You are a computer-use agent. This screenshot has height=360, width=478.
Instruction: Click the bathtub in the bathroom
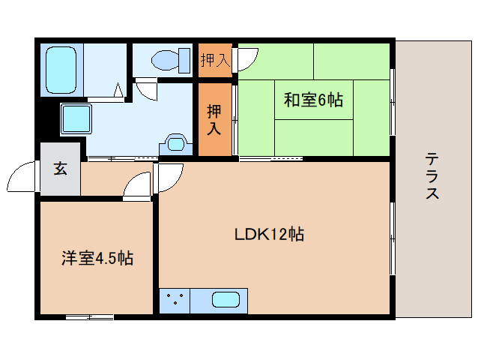(61, 70)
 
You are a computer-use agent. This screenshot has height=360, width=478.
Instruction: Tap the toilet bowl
(165, 60)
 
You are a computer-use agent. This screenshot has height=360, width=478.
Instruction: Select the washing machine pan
(76, 119)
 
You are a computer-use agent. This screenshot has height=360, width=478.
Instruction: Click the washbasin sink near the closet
(176, 144)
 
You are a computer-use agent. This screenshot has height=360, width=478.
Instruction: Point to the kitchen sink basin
(226, 299)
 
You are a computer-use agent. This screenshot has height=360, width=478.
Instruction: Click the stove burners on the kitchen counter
(175, 299)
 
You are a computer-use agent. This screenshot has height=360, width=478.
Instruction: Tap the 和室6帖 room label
(313, 100)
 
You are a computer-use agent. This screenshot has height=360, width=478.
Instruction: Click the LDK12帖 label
(269, 234)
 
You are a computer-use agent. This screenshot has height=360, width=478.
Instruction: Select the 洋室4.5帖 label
(97, 258)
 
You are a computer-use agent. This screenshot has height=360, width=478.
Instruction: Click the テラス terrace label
(432, 176)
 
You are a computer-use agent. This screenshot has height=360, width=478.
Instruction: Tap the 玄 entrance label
(61, 168)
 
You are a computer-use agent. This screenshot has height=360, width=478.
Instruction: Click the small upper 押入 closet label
(215, 60)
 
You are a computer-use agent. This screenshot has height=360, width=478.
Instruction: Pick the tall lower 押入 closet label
(214, 119)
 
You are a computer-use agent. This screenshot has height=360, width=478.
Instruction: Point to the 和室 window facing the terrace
(393, 101)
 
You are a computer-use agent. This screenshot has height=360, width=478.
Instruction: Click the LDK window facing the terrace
(393, 238)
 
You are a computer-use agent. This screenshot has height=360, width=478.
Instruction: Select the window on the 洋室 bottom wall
(90, 317)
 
